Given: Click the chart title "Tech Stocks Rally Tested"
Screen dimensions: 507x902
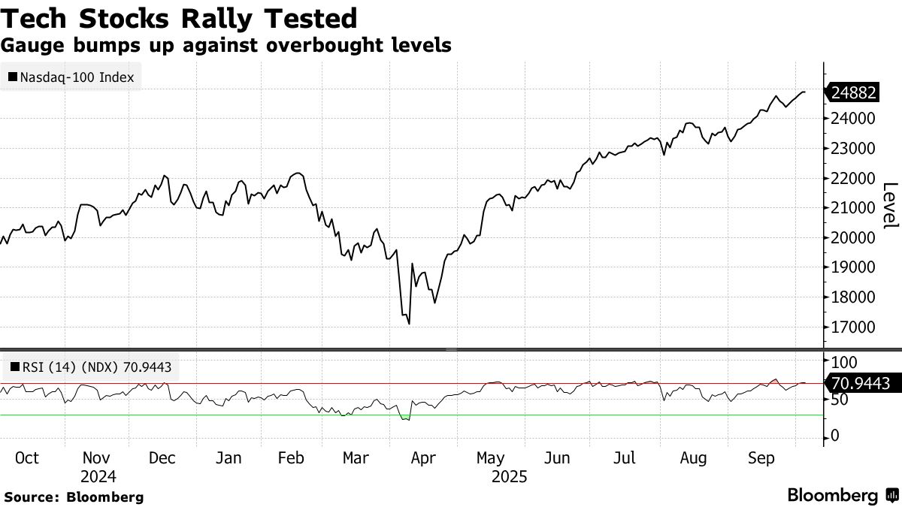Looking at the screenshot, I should [179, 17].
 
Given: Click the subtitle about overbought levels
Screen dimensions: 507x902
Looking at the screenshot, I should [225, 45].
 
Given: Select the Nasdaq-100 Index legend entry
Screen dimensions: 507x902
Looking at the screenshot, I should [72, 77].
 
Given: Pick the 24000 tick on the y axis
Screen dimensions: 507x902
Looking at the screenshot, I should [852, 119].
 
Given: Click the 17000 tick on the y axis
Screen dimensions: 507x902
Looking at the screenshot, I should [852, 327].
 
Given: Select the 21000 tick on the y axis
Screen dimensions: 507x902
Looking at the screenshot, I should [852, 208].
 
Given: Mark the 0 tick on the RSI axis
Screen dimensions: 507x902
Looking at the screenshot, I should [834, 436].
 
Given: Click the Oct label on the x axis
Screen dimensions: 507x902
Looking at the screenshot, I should [27, 458].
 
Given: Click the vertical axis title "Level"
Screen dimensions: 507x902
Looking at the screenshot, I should [890, 205].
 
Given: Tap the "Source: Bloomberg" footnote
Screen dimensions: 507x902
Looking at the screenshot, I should [74, 496].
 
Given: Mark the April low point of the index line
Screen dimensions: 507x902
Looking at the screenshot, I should [408, 324].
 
